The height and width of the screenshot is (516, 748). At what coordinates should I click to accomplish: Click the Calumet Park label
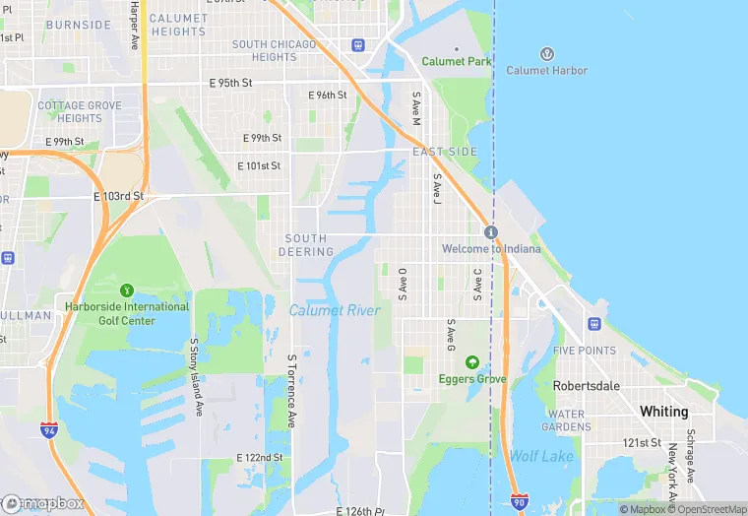click(456, 61)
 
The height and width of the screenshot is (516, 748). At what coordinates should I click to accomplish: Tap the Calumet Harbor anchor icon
click(547, 53)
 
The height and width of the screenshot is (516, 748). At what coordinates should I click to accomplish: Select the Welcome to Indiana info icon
click(491, 231)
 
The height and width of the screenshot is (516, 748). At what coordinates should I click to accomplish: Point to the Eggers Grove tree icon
click(471, 362)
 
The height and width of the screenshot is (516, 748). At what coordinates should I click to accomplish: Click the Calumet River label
click(335, 310)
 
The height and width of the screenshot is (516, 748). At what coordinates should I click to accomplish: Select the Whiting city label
click(664, 411)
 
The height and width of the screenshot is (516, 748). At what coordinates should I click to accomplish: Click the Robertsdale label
click(587, 386)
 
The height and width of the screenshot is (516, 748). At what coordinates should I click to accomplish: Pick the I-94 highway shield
click(48, 430)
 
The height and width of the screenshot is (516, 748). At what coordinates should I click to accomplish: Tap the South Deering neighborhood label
click(306, 245)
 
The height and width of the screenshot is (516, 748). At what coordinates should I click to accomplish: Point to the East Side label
click(445, 152)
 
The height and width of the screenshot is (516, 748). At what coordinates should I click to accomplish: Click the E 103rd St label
click(119, 197)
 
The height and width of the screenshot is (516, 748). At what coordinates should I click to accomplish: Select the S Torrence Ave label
click(291, 391)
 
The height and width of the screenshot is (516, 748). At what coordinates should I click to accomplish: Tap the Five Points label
click(585, 351)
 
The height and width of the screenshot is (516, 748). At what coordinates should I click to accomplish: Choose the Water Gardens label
click(567, 420)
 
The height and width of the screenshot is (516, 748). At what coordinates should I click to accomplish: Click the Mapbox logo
click(42, 503)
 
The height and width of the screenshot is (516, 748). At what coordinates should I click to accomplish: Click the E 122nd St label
click(260, 458)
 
